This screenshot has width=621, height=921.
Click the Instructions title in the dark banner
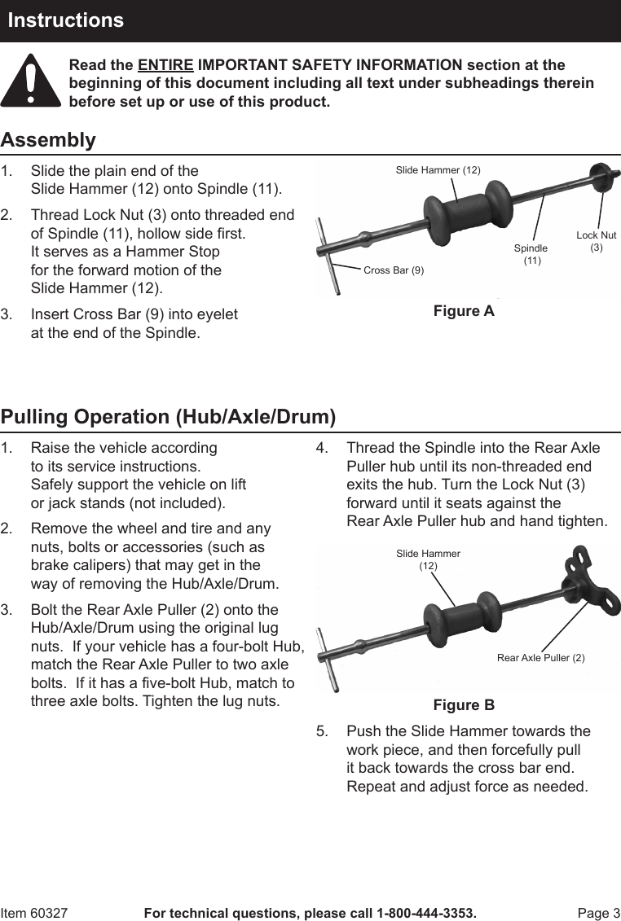(x=66, y=20)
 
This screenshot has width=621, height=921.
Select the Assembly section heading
(x=48, y=140)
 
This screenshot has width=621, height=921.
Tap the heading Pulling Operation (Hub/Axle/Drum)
(x=169, y=417)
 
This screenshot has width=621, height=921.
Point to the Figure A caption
(x=464, y=311)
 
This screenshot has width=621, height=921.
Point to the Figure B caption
(x=464, y=704)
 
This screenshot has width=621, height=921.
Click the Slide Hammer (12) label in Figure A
(x=438, y=170)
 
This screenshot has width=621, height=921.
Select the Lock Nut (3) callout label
(x=597, y=241)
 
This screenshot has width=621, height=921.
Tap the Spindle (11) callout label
(x=531, y=253)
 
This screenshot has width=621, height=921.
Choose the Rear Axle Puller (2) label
(x=541, y=657)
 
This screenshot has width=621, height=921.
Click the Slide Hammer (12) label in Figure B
(x=429, y=559)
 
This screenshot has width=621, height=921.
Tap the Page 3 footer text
(x=599, y=913)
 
